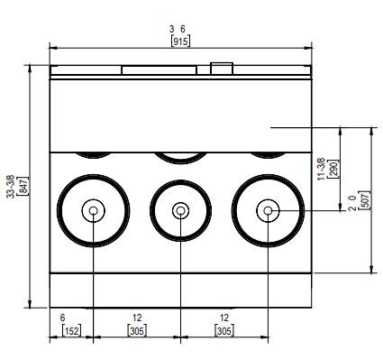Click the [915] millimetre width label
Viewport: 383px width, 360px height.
coord(180,42)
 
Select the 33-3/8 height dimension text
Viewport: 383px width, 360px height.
coord(11,186)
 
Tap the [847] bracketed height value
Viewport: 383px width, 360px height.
coord(23,186)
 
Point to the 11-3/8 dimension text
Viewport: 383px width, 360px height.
coord(322,169)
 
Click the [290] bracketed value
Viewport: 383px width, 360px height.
coord(333,169)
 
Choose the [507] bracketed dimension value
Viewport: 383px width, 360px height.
coord(365,200)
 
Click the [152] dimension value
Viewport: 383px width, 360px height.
coord(71,331)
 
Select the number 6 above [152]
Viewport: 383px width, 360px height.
coord(62,318)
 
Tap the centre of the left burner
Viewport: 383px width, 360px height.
coord(94,210)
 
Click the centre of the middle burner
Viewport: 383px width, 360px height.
coord(180,210)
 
